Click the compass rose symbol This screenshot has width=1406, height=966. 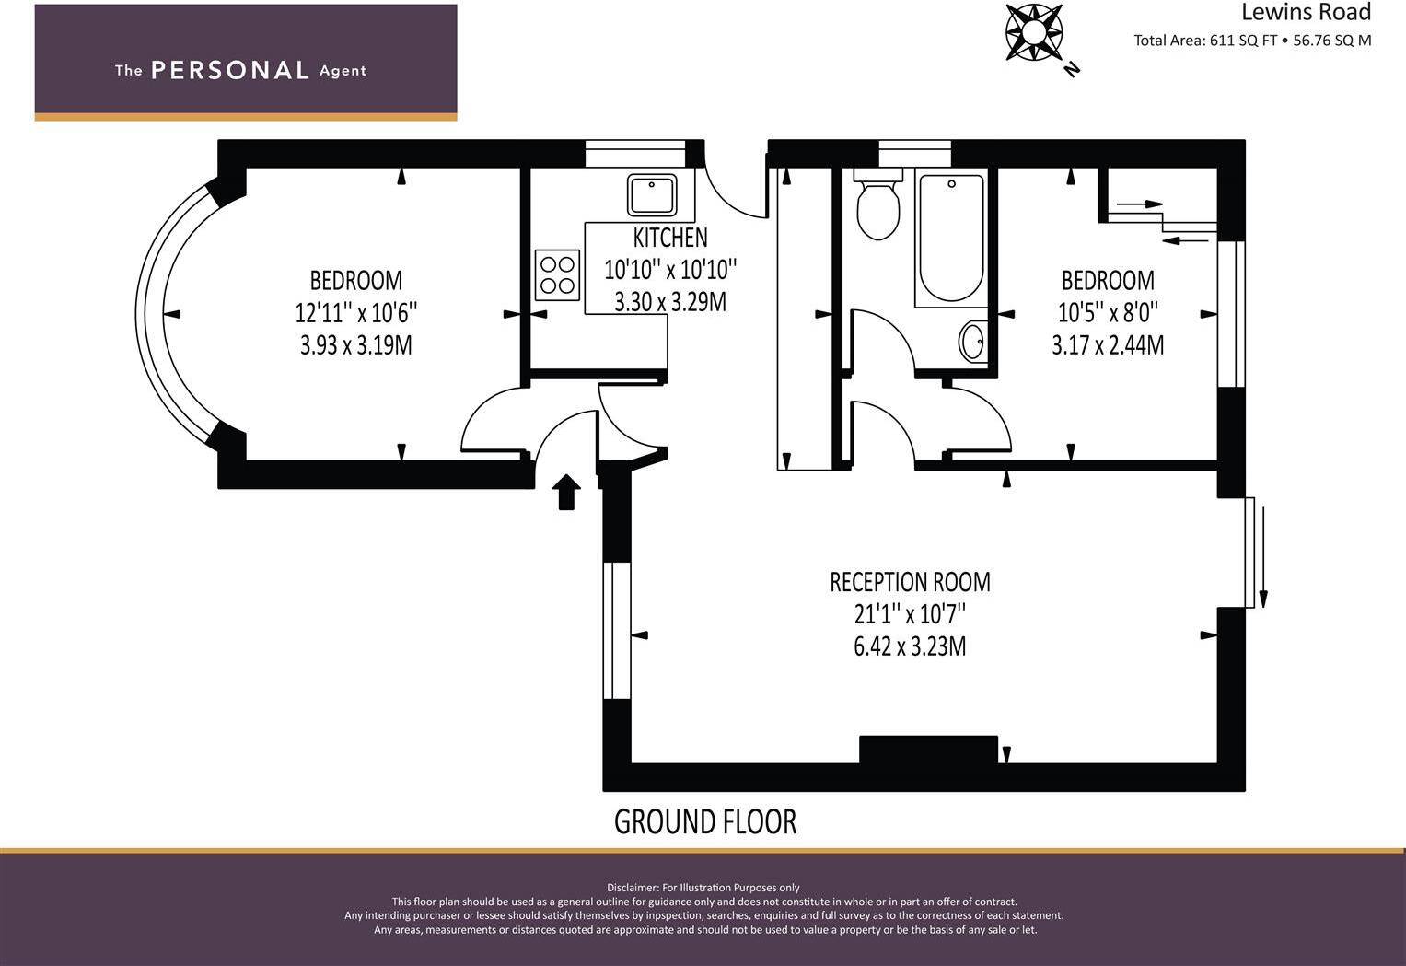click(1033, 33)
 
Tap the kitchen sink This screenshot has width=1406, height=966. click(652, 195)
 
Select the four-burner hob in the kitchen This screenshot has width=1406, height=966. click(557, 274)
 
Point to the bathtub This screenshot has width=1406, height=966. click(951, 239)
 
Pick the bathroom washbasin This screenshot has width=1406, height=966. click(972, 342)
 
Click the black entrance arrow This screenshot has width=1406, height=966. click(566, 492)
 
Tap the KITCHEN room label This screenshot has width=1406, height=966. click(670, 238)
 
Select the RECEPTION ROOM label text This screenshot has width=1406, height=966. click(910, 582)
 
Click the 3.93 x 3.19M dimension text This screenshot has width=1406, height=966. click(355, 345)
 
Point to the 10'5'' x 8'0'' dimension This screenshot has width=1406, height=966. click(1108, 313)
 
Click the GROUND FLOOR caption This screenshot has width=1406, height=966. click(704, 821)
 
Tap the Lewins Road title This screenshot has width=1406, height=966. click(1306, 12)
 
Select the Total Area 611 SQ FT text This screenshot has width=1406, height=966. click(1204, 41)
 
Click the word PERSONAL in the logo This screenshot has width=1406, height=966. click(229, 70)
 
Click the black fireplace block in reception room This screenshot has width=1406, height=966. click(928, 749)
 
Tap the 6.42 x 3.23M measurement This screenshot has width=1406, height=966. click(910, 646)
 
